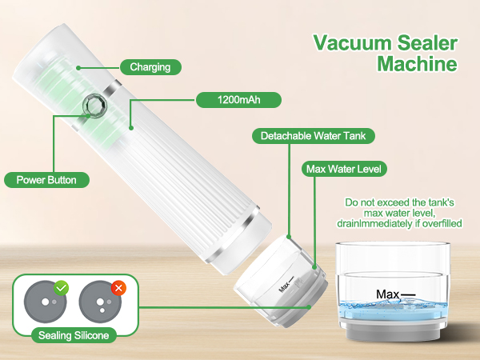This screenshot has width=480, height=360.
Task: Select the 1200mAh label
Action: [239, 101]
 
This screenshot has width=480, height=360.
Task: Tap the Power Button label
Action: [46, 180]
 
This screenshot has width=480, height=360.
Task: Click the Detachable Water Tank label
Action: [314, 136]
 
